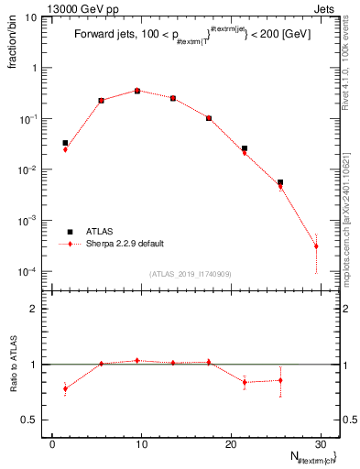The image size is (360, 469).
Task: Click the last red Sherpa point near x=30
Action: pos(316,246)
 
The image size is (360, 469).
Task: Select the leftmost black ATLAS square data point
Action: pos(65,143)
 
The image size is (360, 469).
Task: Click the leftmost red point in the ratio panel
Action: pos(65,388)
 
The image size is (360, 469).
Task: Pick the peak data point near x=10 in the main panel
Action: pos(136,91)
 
